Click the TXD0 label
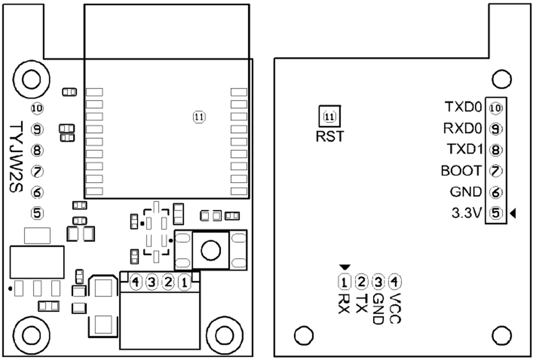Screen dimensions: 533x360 click(463, 108)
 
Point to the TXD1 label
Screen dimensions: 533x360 click(465, 149)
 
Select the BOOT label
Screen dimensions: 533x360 click(461, 170)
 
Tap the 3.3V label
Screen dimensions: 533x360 click(467, 213)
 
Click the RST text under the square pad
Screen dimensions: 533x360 click(330, 136)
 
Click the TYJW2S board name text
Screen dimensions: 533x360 click(15, 157)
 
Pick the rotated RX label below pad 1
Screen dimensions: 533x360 click(344, 303)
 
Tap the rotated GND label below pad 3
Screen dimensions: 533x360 click(378, 308)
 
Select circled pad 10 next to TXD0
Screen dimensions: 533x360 click(496, 108)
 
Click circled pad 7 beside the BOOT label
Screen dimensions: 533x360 click(496, 171)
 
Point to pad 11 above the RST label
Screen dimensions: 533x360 click(329, 117)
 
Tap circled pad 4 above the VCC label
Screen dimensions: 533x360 click(394, 281)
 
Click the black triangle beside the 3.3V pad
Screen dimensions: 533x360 click(513, 213)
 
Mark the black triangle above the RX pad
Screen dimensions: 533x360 click(344, 267)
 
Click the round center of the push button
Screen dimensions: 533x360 click(211, 250)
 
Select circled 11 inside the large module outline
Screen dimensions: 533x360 click(199, 117)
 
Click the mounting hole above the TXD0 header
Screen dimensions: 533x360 click(502, 79)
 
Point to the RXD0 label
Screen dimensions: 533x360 click(463, 128)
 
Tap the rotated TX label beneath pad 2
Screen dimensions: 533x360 click(361, 303)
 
